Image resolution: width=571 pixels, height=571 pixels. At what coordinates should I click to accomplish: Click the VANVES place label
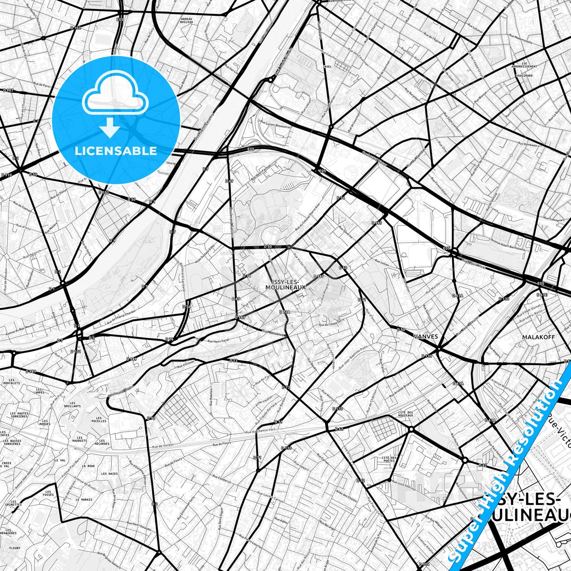click(425, 336)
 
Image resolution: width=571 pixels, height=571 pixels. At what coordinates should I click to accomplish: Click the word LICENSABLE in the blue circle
click(116, 151)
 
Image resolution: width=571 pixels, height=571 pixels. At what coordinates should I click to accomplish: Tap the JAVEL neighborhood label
click(327, 67)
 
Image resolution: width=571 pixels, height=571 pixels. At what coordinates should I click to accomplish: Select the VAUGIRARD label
click(524, 75)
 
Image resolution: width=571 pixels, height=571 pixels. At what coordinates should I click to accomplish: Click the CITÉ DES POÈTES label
click(389, 459)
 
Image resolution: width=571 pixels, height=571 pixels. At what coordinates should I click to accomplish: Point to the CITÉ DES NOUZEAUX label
click(405, 414)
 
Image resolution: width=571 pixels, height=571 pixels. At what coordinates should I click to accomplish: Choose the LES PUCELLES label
click(99, 419)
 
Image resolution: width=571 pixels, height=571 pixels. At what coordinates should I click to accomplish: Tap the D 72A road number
click(285, 312)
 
